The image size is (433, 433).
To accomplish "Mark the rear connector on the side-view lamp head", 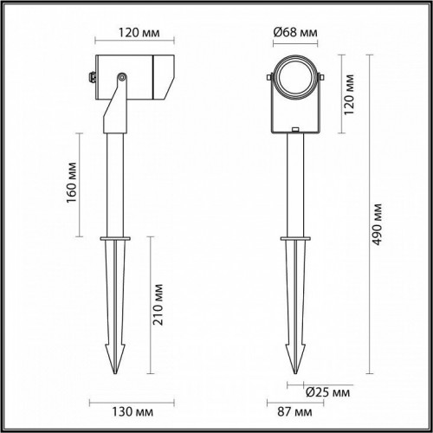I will coord(91,77).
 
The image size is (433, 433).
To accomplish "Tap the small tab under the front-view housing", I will coord(295,132).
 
